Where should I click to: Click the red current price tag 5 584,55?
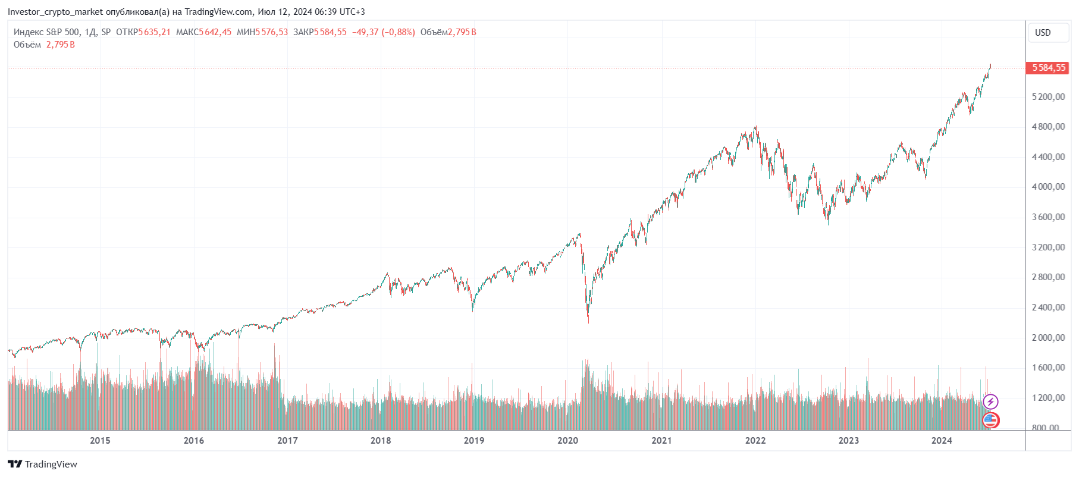point(1047,68)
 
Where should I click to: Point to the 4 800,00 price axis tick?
point(1048,127)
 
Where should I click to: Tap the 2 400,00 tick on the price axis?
point(1048,307)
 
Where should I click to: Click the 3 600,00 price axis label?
point(1048,217)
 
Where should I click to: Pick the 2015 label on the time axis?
point(100,441)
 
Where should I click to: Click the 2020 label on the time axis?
point(567,441)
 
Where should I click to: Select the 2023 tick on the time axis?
point(848,441)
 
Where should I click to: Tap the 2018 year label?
point(381,441)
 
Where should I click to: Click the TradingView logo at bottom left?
point(42,464)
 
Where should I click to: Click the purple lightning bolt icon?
point(990,402)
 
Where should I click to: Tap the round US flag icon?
point(990,420)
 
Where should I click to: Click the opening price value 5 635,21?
point(154,32)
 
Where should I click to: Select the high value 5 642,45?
point(215,32)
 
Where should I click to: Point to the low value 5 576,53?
point(271,32)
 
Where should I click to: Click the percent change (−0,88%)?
point(398,32)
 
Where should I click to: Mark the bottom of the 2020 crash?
point(588,322)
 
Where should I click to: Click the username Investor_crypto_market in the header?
point(55,12)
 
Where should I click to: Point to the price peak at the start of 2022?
point(756,127)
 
